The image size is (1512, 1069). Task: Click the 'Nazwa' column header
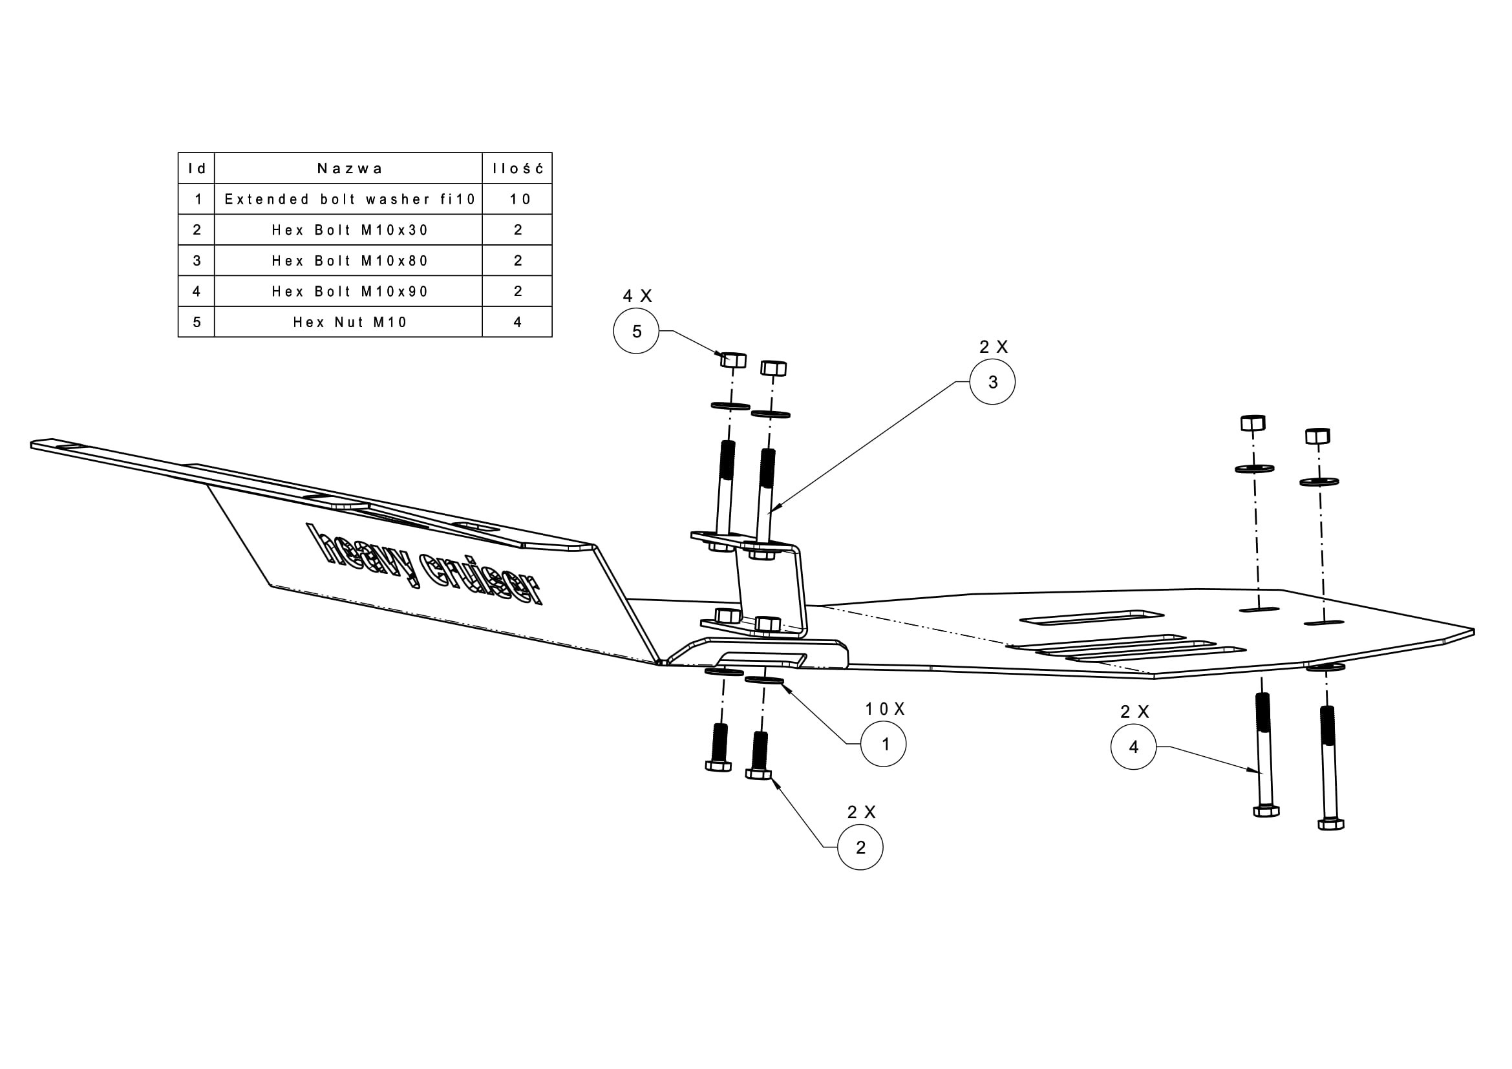tap(349, 169)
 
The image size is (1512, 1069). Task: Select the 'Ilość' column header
tap(518, 169)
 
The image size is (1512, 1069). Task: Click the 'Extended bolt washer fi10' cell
tap(349, 199)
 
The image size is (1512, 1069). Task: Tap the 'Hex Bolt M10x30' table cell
tap(349, 229)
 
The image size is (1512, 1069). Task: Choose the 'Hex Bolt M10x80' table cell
tap(349, 260)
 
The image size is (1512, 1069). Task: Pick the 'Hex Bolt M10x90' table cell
tap(349, 291)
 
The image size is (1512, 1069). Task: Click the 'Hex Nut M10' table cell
tap(349, 322)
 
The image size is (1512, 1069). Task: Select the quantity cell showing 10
tap(518, 199)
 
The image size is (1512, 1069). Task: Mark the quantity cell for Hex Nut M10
tap(518, 322)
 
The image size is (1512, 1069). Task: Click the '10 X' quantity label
tap(884, 709)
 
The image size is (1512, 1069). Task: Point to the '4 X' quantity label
tap(637, 296)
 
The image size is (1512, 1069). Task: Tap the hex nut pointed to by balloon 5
tap(733, 360)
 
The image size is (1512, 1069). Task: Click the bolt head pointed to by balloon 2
tap(759, 773)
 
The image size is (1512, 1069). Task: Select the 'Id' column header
tap(197, 169)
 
